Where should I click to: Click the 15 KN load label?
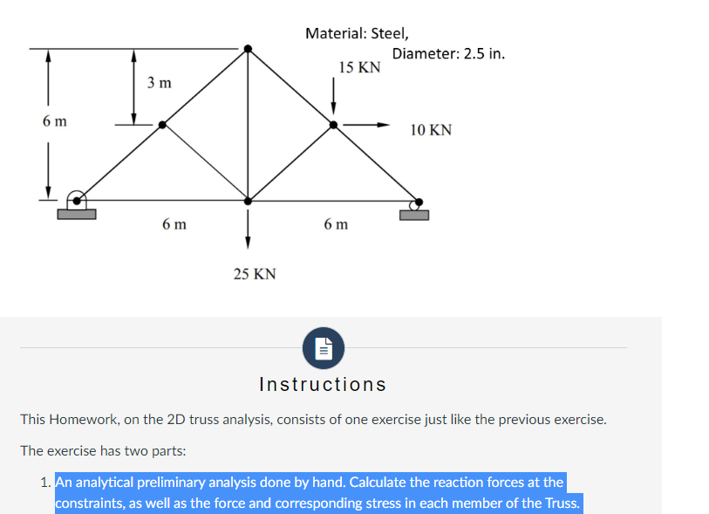pyautogui.click(x=359, y=67)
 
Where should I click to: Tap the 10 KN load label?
pyautogui.click(x=431, y=130)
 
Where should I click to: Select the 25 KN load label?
pyautogui.click(x=255, y=274)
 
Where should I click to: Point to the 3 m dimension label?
pyautogui.click(x=159, y=84)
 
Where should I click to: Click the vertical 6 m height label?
pyautogui.click(x=54, y=121)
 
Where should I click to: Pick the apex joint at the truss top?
pyautogui.click(x=249, y=49)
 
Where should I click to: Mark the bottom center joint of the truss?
pyautogui.click(x=249, y=201)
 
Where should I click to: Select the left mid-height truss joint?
pyautogui.click(x=162, y=125)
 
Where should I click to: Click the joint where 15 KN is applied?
pyautogui.click(x=333, y=125)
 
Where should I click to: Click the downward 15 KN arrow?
pyautogui.click(x=333, y=96)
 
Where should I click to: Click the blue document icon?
pyautogui.click(x=323, y=347)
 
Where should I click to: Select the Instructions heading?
pyautogui.click(x=323, y=384)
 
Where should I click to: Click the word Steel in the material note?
pyautogui.click(x=389, y=33)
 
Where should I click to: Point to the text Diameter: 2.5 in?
pyautogui.click(x=448, y=53)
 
